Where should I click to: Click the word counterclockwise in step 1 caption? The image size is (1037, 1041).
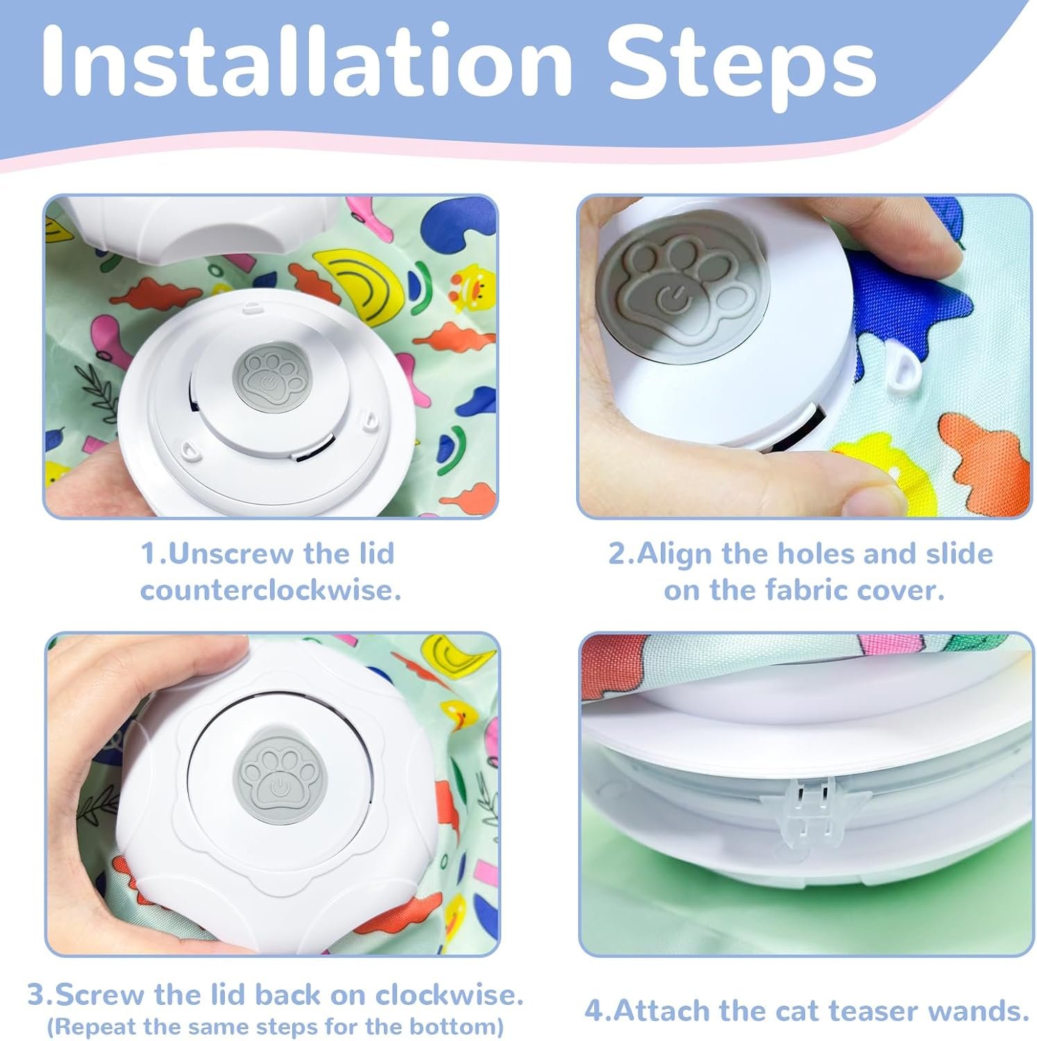click(x=271, y=591)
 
